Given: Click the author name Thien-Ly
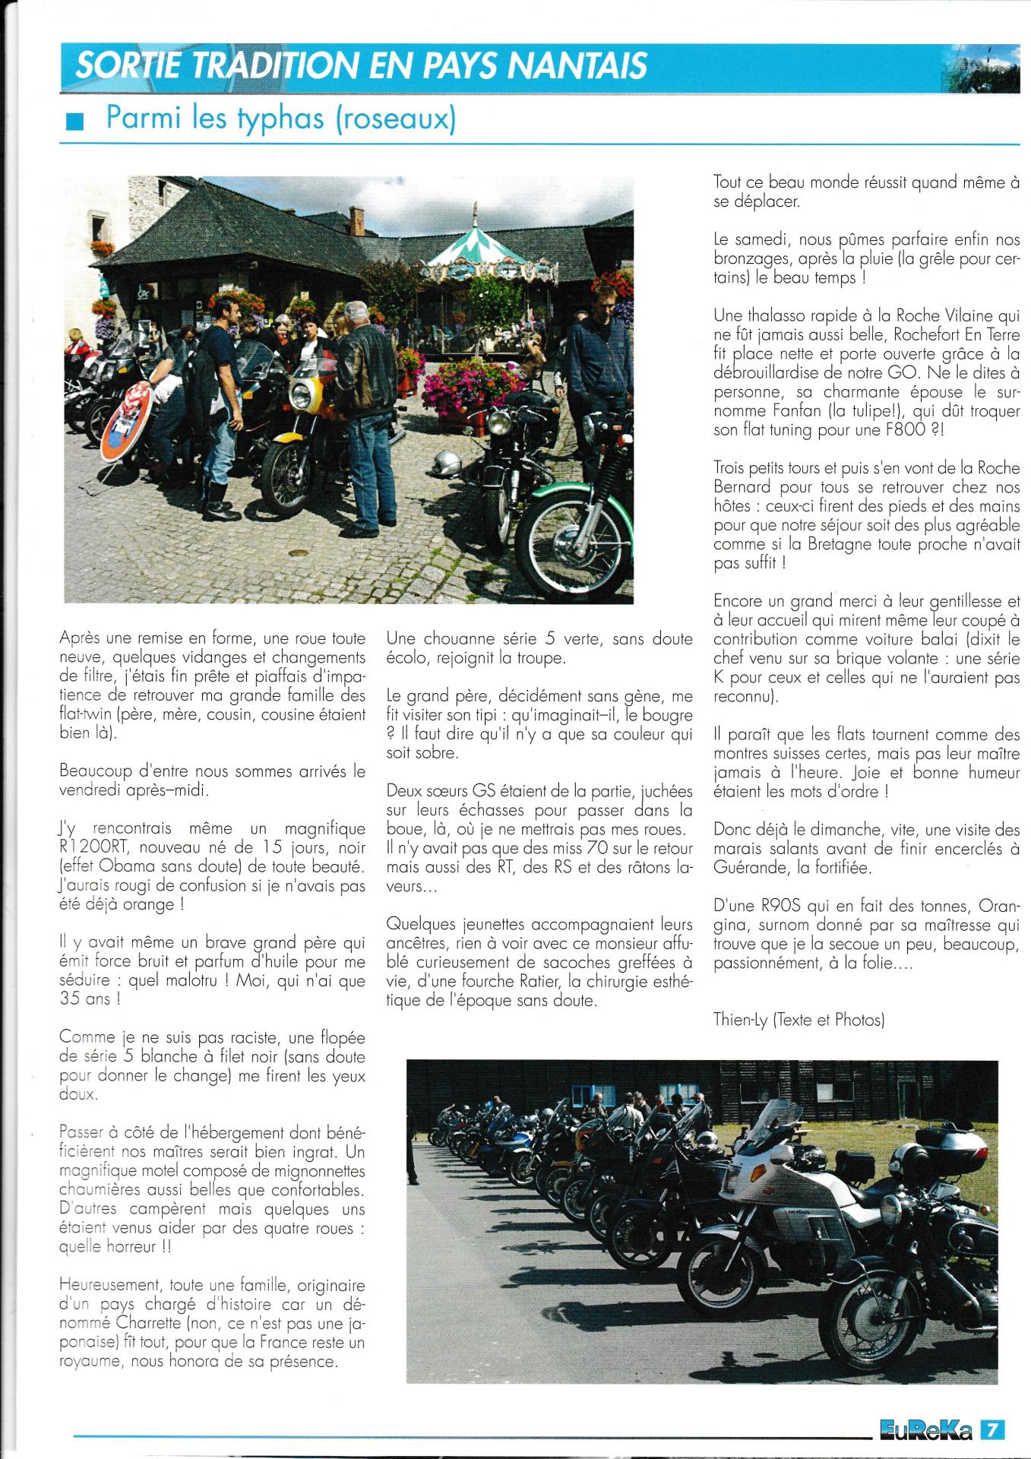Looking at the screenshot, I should (x=743, y=1020).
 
